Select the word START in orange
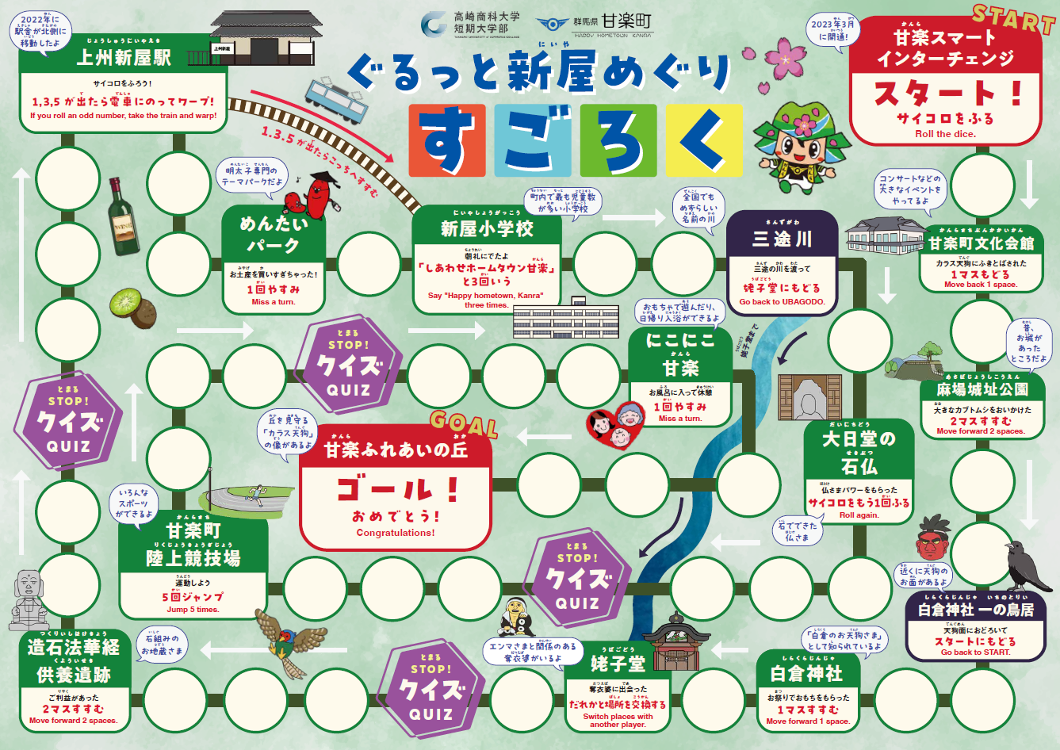pos(1013,19)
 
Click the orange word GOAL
pos(464,425)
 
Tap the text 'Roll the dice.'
pos(945,134)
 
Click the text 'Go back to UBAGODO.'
pos(782,301)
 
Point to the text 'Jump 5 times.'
pos(193,610)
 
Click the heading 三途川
pos(782,238)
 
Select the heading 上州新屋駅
pos(124,57)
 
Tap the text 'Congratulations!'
pos(396,533)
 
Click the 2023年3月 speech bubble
pos(832,30)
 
